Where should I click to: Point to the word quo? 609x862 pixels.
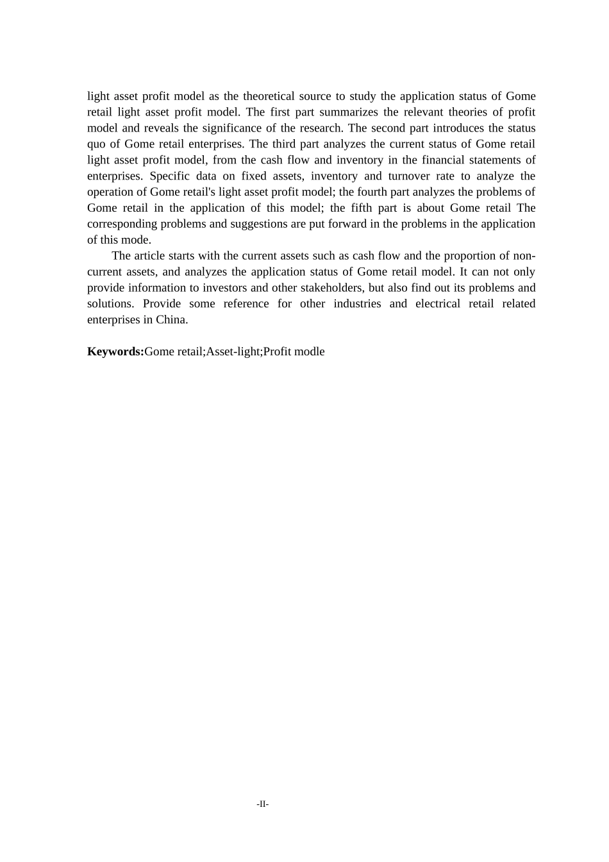(x=96, y=144)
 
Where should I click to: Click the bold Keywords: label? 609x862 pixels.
(x=115, y=351)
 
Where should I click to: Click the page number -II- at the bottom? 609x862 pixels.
(x=262, y=804)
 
